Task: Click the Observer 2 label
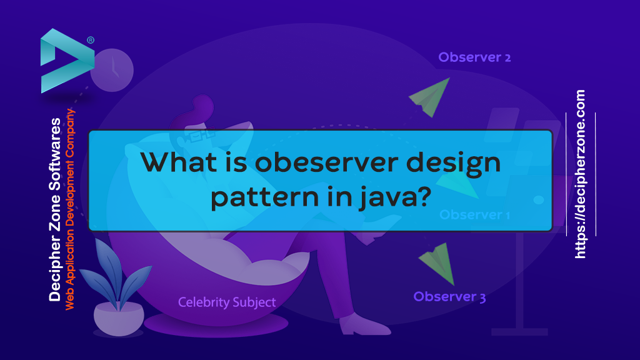pos(474,57)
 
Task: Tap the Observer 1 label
pos(474,215)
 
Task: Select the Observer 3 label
pos(449,297)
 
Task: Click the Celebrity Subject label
pos(227,302)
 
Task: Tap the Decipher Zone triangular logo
pos(62,60)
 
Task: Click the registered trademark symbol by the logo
pos(91,40)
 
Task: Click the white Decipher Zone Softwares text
pos(55,209)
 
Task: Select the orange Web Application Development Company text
pos(70,209)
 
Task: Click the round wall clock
pos(112,69)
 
